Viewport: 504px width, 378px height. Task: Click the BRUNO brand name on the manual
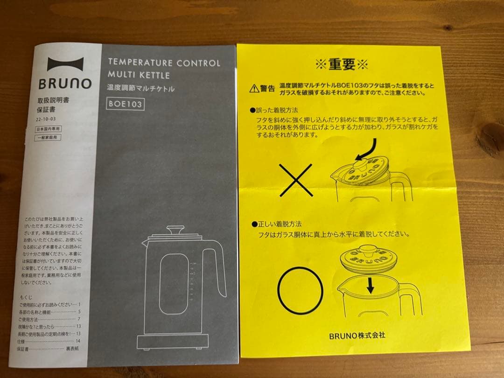[x=65, y=84]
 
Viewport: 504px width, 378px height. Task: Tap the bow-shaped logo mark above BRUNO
[x=65, y=64]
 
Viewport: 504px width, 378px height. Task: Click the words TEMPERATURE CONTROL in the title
[x=164, y=63]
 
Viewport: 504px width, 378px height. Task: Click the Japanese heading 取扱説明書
[x=53, y=100]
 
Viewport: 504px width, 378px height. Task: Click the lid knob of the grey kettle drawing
[x=175, y=230]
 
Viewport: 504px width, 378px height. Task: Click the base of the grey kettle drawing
[x=173, y=343]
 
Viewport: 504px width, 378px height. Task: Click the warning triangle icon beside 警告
[x=254, y=87]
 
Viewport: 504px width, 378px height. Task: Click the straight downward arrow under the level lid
[x=370, y=285]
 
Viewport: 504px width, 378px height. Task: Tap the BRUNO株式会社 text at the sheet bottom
[x=357, y=335]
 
